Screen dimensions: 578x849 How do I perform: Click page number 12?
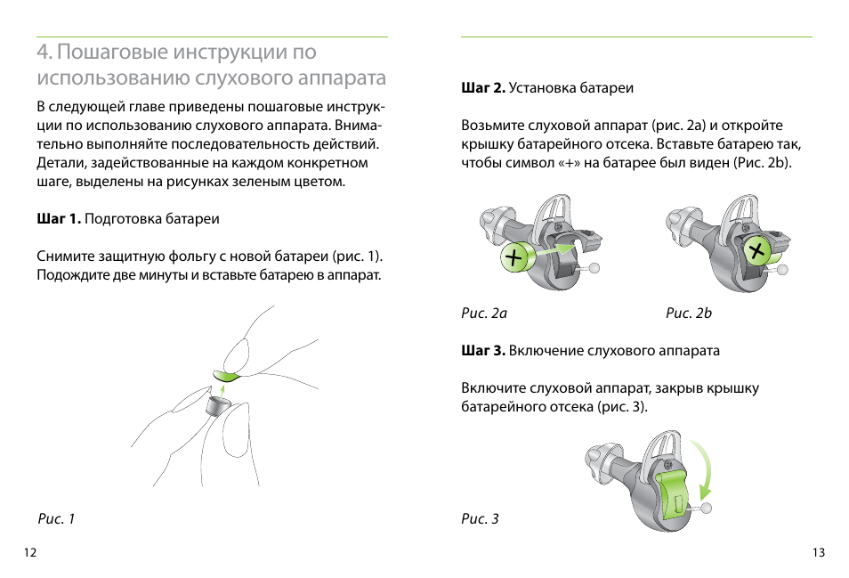[x=30, y=553]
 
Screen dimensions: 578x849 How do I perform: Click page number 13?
[x=819, y=553]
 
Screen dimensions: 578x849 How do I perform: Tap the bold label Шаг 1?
[x=59, y=218]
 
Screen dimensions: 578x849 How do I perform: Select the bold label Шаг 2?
[x=483, y=88]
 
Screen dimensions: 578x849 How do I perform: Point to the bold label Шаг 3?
[x=483, y=351]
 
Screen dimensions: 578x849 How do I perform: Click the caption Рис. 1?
[x=56, y=519]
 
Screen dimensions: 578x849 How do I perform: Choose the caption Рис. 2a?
[x=484, y=313]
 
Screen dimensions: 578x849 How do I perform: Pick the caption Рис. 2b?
[x=689, y=313]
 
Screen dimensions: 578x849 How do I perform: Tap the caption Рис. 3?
[x=480, y=519]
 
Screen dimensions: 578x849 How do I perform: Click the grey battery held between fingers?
[x=217, y=406]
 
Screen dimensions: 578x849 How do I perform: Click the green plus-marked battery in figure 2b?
[x=758, y=251]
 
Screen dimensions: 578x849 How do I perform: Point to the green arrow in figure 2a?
[x=555, y=254]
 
